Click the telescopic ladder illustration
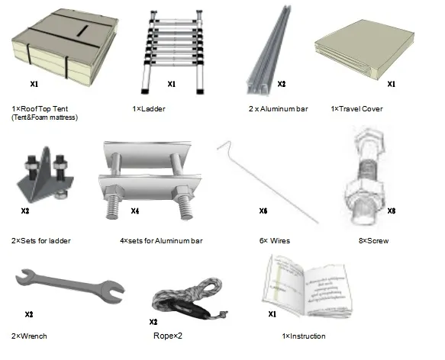[x=173, y=51]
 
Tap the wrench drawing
[x=69, y=286]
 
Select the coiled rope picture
[x=189, y=298]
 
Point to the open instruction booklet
[x=307, y=287]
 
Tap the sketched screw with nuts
[x=366, y=176]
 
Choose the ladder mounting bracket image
[x=45, y=175]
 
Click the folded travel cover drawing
[x=364, y=50]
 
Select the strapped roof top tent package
[x=65, y=47]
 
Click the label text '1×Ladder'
[x=149, y=108]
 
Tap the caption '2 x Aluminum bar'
[x=278, y=108]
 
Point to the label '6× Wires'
[x=275, y=241]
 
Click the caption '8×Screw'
[x=373, y=241]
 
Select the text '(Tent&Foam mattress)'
[x=44, y=117]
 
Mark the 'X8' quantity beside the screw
[x=392, y=211]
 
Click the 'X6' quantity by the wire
[x=263, y=211]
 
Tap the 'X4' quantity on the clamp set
[x=135, y=211]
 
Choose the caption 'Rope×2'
[x=168, y=336]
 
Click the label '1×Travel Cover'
[x=356, y=108]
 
